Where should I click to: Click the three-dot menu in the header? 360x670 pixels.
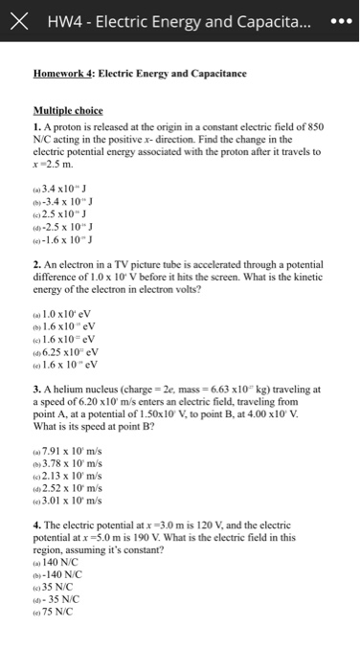[334, 21]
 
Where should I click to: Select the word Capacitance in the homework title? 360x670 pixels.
[216, 72]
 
